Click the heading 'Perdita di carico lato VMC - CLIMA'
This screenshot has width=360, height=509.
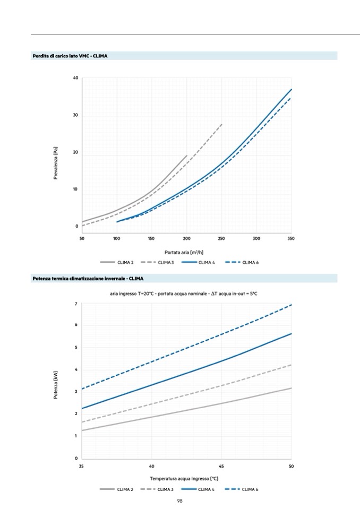click(x=70, y=56)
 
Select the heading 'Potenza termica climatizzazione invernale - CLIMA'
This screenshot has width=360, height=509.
click(x=88, y=279)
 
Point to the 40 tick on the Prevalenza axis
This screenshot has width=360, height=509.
click(x=76, y=79)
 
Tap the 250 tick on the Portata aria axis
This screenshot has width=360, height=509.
click(x=221, y=238)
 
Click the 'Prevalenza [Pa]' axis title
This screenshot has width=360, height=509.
click(x=56, y=163)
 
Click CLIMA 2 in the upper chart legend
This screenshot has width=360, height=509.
click(x=125, y=263)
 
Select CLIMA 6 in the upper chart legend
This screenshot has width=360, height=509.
click(x=251, y=263)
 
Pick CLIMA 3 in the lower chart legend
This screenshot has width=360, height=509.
click(x=165, y=489)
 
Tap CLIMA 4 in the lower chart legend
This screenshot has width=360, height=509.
click(x=207, y=489)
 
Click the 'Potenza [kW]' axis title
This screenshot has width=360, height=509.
click(x=56, y=385)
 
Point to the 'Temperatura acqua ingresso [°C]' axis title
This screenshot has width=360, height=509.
click(x=184, y=478)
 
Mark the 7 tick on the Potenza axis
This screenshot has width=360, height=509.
click(x=76, y=304)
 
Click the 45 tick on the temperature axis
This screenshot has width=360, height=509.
click(x=221, y=466)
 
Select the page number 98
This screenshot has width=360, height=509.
click(x=180, y=501)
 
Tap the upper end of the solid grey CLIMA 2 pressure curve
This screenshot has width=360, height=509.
click(x=187, y=156)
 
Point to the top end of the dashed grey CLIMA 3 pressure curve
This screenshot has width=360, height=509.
click(x=222, y=124)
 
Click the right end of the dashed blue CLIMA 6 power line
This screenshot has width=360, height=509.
click(x=292, y=305)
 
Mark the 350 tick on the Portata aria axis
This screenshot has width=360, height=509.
click(x=291, y=238)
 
